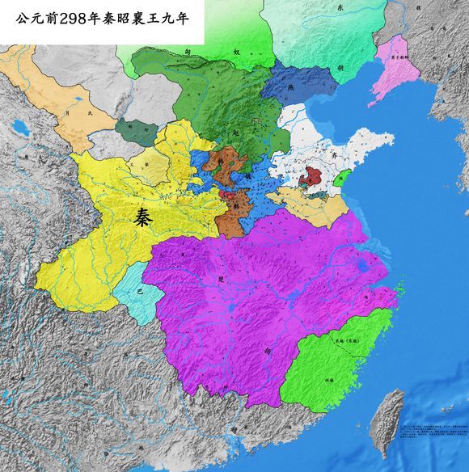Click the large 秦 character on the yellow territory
click(x=148, y=216)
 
